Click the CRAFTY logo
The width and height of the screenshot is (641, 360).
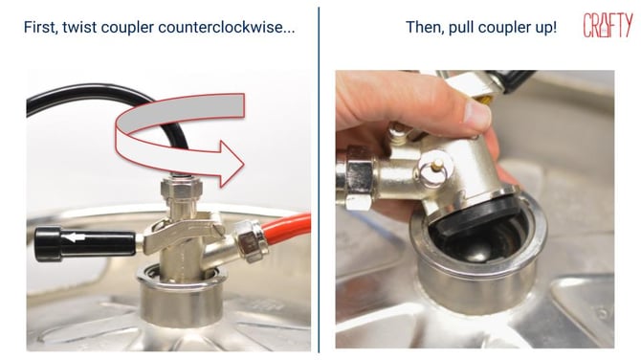pyautogui.click(x=608, y=27)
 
